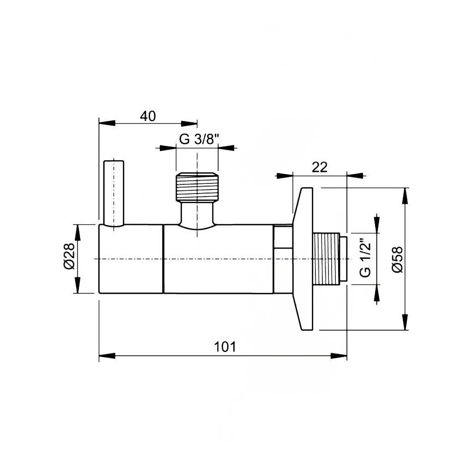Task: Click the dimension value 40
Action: pos(148,116)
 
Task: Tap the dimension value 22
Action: pos(319,167)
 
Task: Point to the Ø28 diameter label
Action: pos(68,259)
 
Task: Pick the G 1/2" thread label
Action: pos(365,259)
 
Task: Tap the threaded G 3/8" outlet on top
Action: pos(197,187)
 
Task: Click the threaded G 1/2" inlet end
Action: pos(329,259)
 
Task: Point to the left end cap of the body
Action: pos(131,259)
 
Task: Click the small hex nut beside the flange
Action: pos(283,259)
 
